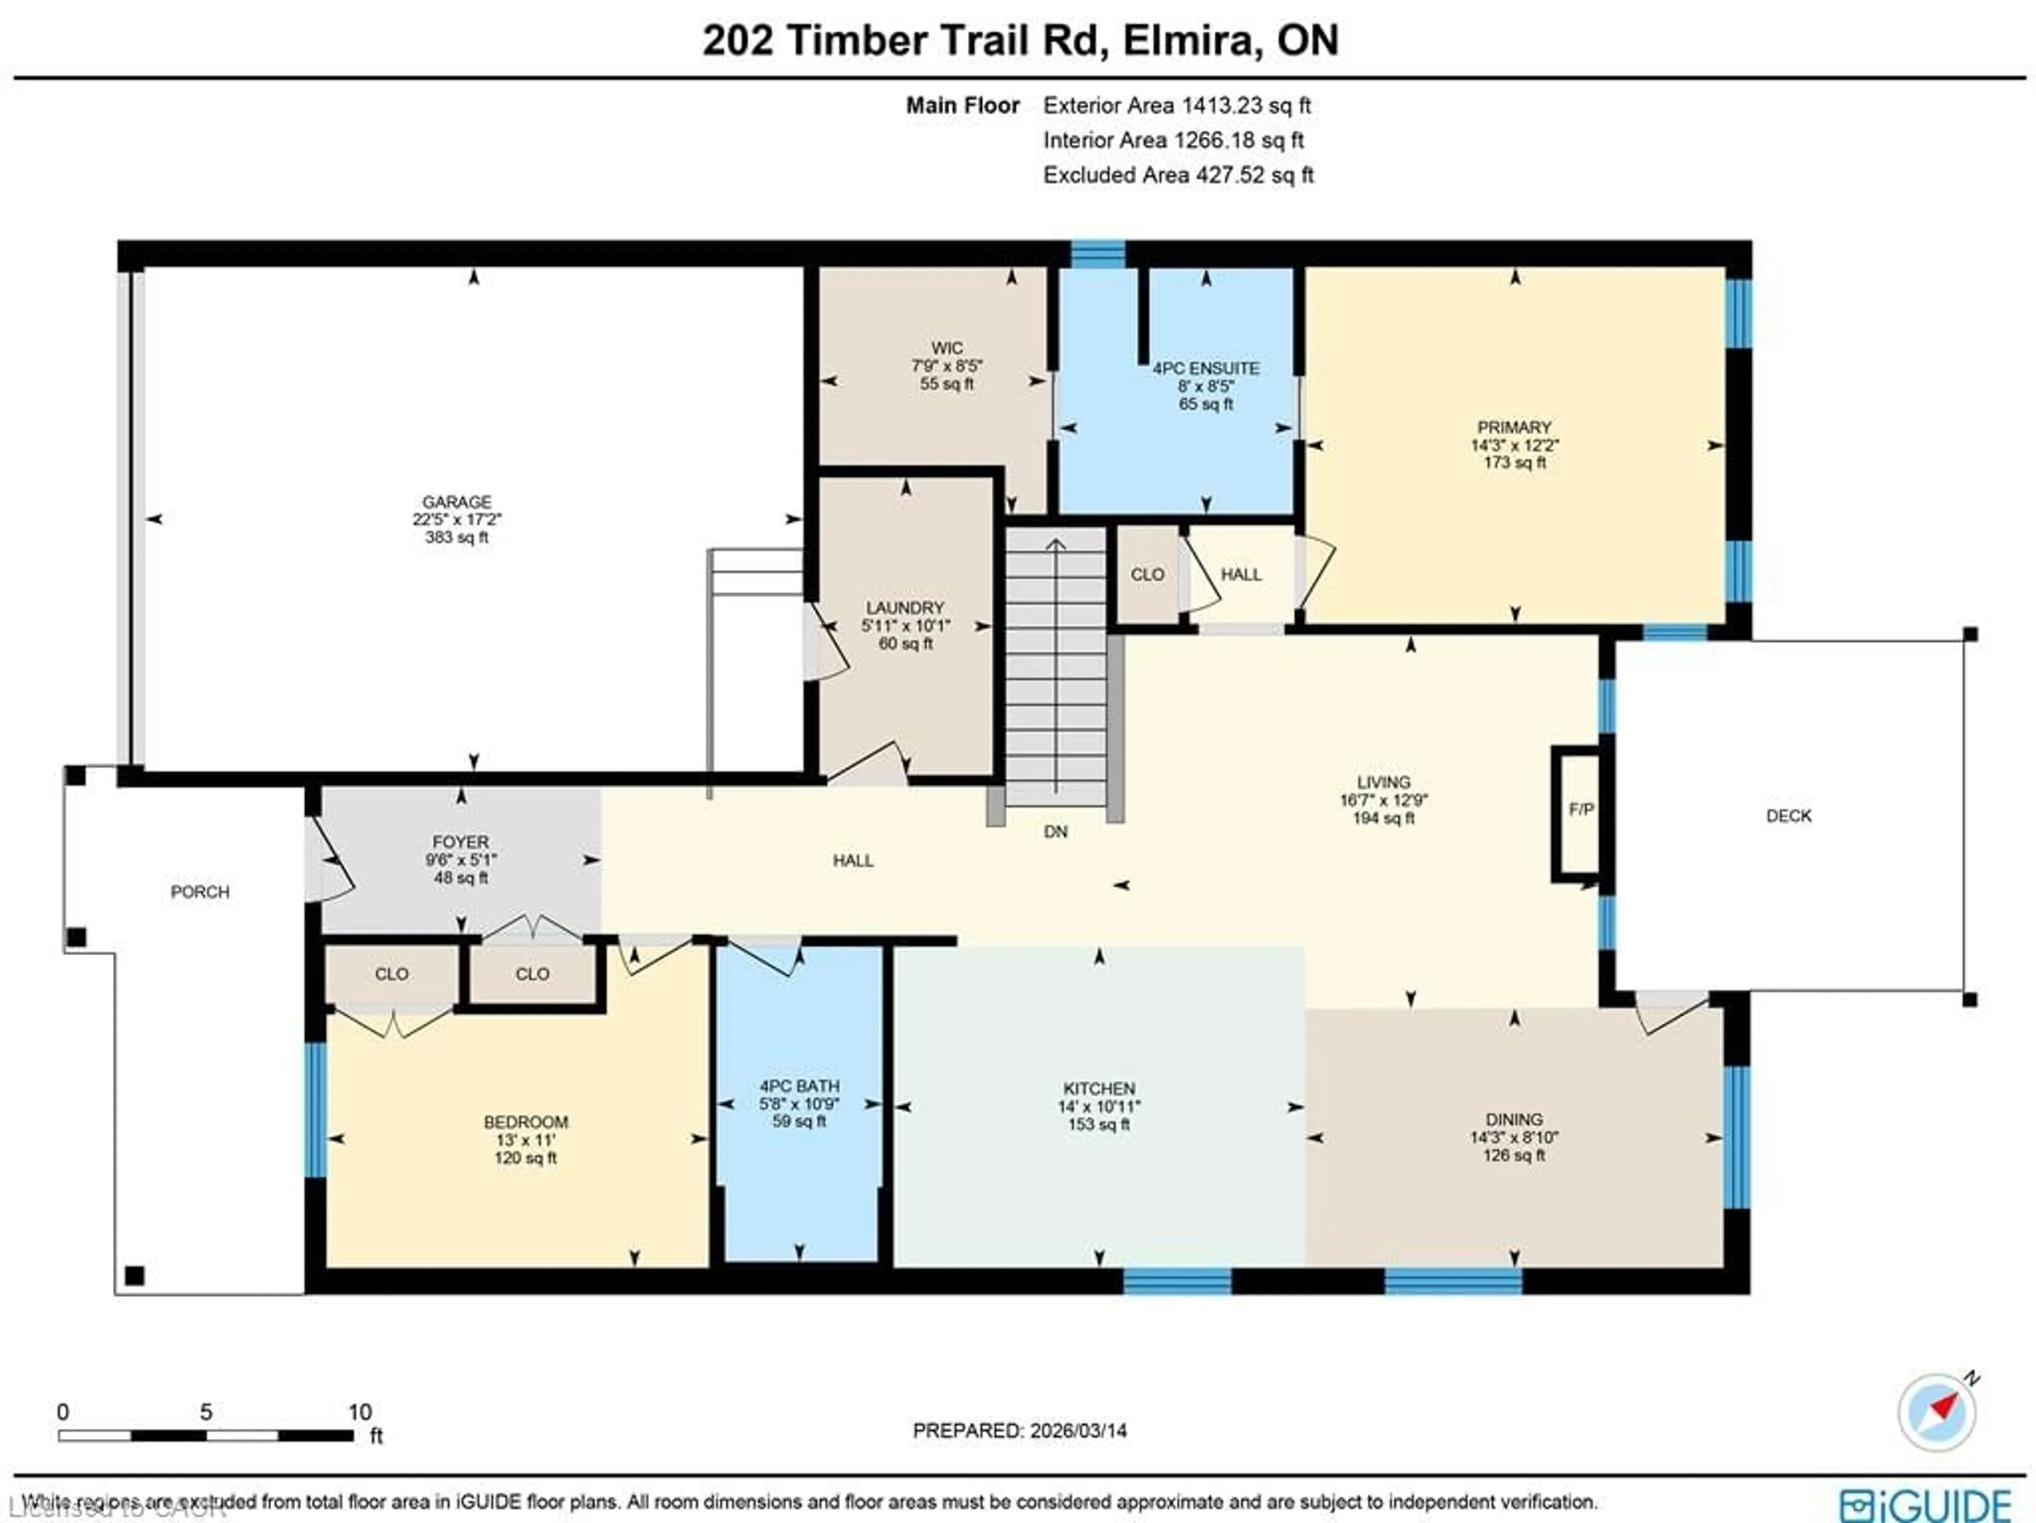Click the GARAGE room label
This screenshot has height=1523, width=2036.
click(457, 501)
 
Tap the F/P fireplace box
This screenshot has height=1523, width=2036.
click(1581, 810)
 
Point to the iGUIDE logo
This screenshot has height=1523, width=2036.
click(1926, 1504)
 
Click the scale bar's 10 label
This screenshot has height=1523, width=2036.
click(360, 1412)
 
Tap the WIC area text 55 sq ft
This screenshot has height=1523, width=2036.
click(946, 384)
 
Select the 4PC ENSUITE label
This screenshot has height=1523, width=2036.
click(1206, 368)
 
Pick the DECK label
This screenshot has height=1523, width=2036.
click(1788, 815)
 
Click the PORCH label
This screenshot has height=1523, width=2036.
click(200, 892)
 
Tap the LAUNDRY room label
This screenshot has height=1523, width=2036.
click(905, 608)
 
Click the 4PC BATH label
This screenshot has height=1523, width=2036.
click(799, 1086)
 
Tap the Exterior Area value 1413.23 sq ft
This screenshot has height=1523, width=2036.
click(1247, 105)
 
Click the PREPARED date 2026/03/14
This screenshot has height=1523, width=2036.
click(1078, 1430)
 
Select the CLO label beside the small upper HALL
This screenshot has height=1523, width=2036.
click(1147, 574)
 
